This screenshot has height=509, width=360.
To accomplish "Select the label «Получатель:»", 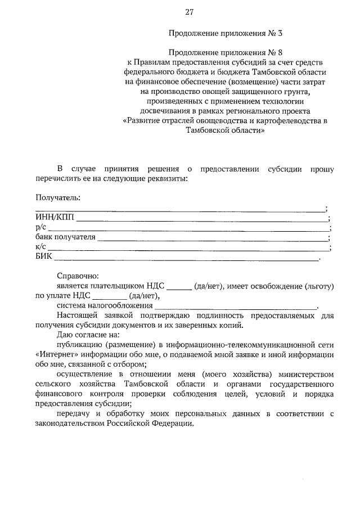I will coord(58,197).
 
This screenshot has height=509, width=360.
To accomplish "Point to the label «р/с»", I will coord(40,228).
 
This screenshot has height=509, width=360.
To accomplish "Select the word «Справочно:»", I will coord(78,276).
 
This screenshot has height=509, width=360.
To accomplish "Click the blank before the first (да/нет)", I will coord(179,286).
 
